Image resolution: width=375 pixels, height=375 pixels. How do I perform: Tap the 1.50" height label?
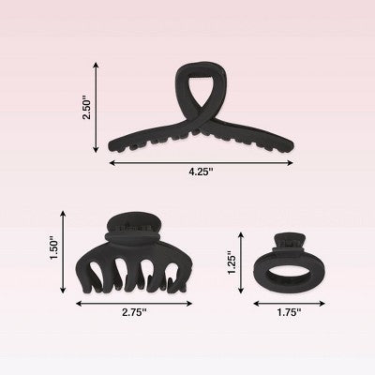pyautogui.click(x=53, y=250)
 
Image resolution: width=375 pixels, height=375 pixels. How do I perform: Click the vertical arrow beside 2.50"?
pyautogui.click(x=97, y=107)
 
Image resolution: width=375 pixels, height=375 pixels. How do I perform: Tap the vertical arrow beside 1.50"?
pyautogui.click(x=64, y=250)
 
